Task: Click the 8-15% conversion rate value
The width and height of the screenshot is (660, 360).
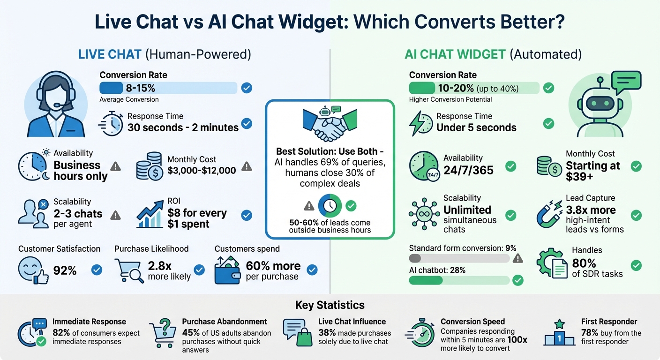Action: (140, 88)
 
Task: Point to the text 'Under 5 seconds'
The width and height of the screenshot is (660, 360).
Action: (476, 127)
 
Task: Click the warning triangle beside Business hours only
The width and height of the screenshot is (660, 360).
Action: (115, 166)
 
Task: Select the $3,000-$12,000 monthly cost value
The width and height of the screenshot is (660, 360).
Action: (202, 171)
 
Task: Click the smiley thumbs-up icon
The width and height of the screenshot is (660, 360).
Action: (32, 270)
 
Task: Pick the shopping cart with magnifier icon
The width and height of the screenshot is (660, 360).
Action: (129, 271)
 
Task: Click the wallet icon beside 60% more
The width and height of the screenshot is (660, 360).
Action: (227, 270)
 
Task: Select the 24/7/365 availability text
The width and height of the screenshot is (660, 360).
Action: (468, 170)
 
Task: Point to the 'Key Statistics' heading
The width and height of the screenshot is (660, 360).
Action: (330, 305)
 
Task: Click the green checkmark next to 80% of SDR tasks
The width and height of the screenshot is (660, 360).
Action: (636, 265)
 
